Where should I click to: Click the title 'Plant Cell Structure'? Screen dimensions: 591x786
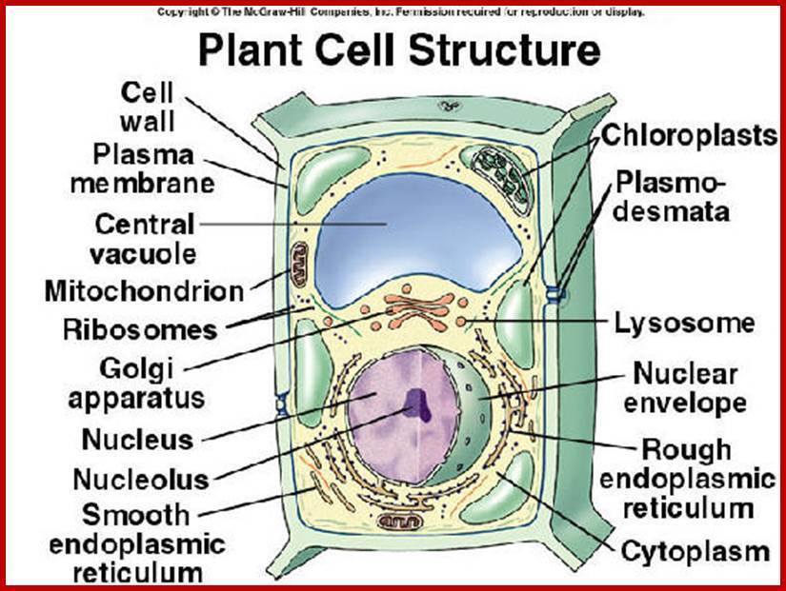point(398,51)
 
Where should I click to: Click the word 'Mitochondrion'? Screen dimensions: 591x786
point(144,290)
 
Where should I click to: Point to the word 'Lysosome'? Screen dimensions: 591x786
point(683,323)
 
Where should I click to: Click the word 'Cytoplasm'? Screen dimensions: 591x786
point(695,551)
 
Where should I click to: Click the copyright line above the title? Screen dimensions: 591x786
point(400,12)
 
